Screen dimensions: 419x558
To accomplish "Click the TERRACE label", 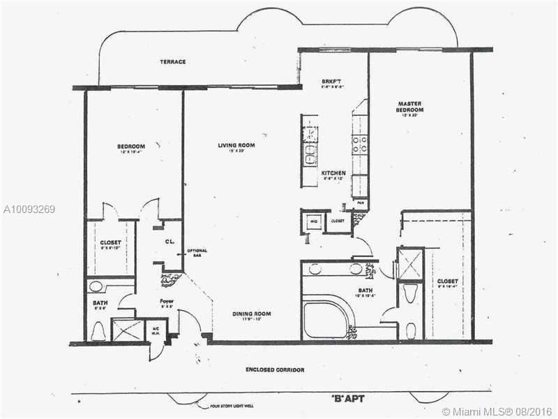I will tap(172, 62).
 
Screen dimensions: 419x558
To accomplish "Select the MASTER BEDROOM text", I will tap(410, 107).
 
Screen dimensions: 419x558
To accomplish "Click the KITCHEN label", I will tap(333, 172).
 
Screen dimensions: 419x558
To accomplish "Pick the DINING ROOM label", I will tap(251, 314).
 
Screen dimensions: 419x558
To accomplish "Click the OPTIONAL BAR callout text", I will tap(197, 253).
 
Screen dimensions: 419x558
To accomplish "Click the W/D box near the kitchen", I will tap(313, 220).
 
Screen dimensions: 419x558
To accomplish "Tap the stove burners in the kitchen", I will tap(360, 144).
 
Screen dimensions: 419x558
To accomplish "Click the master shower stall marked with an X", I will tap(409, 263).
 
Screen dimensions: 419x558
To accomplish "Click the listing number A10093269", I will tap(29, 209).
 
